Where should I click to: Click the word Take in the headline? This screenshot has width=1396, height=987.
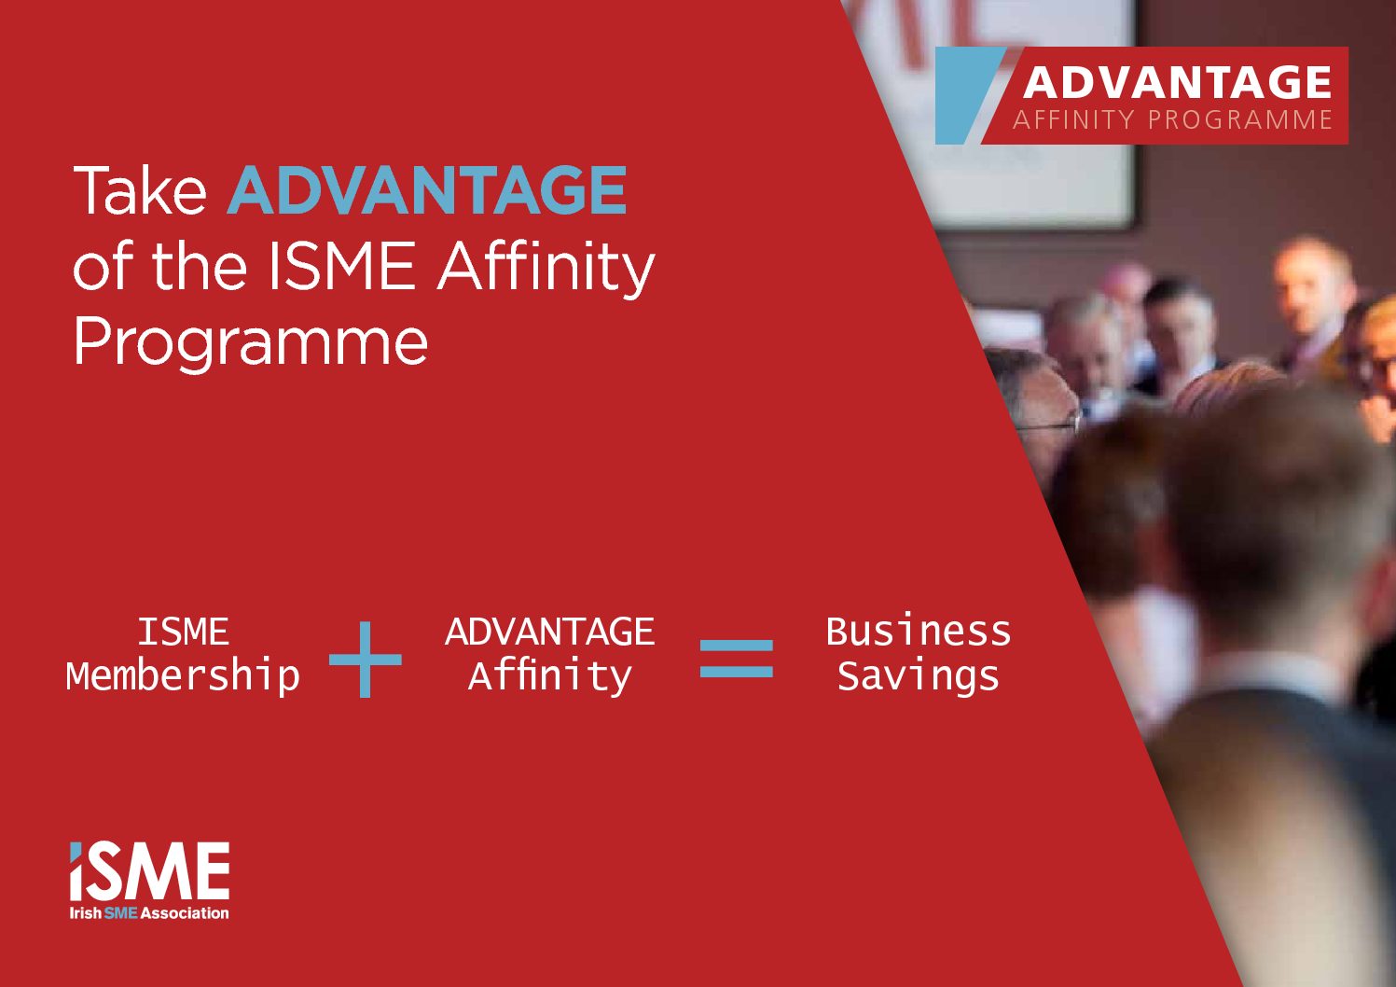coord(140,190)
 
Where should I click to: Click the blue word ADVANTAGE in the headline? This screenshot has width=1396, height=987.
coord(427,190)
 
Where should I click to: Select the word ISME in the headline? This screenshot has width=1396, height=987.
coord(341,266)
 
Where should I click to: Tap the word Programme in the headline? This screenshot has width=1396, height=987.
coord(251,343)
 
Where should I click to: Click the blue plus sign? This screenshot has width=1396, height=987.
coord(366,659)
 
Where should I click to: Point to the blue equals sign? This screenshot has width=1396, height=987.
coord(736,659)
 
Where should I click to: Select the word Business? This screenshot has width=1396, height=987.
coord(918,631)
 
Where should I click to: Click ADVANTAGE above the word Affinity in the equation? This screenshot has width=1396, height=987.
coord(549,632)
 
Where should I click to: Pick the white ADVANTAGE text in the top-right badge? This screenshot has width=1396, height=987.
coord(1177,82)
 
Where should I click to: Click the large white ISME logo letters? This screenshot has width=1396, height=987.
coord(149,871)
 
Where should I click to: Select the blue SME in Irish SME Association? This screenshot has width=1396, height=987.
coord(120,913)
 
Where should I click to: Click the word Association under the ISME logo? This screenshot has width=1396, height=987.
coord(185,913)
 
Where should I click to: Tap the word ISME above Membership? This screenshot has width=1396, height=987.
coord(183,632)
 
